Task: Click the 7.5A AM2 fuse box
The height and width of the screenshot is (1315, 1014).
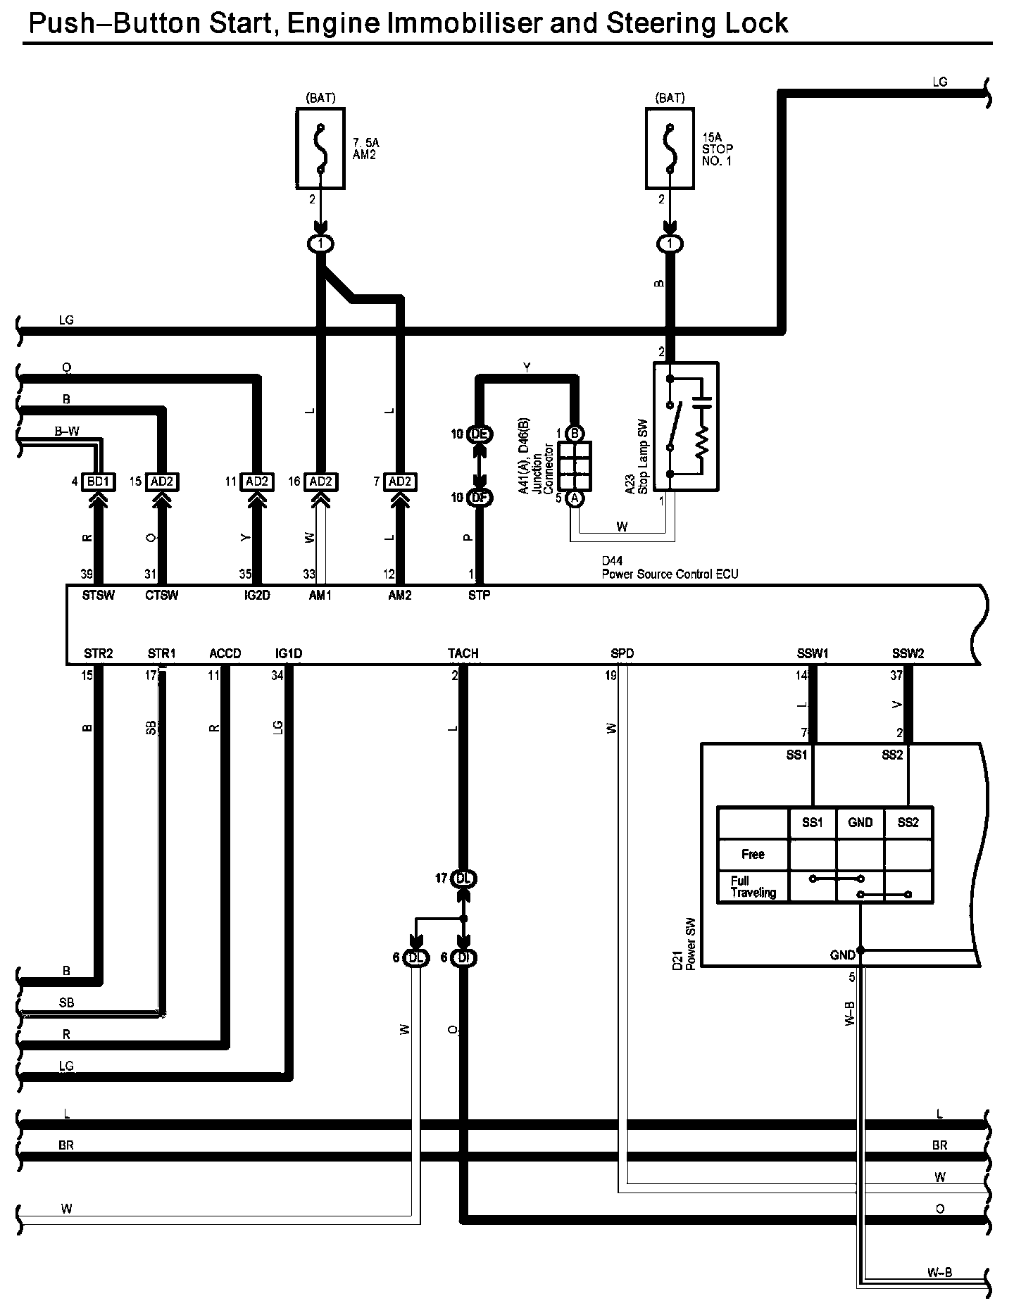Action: click(320, 149)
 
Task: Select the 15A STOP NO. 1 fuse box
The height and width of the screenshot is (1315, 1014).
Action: click(670, 149)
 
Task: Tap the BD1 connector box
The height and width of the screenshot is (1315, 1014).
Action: click(99, 482)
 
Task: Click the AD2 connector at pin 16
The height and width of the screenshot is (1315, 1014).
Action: click(321, 482)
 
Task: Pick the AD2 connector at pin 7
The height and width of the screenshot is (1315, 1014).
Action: click(400, 482)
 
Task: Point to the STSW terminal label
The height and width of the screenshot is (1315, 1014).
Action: click(99, 596)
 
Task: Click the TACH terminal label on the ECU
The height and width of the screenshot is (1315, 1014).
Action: click(463, 653)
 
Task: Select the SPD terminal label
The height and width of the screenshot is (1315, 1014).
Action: click(622, 653)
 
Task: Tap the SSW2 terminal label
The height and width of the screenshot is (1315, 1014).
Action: click(908, 653)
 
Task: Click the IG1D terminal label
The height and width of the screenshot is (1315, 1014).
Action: click(289, 653)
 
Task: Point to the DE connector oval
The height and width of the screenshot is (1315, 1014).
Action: click(480, 434)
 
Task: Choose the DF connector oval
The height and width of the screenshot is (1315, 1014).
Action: click(480, 498)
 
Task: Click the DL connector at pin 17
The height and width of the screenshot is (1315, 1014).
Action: click(463, 879)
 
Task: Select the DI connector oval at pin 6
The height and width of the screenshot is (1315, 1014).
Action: click(463, 957)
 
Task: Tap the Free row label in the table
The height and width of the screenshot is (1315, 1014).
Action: click(753, 854)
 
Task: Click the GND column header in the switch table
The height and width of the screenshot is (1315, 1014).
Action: click(860, 822)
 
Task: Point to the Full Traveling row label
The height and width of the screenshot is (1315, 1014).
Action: click(753, 886)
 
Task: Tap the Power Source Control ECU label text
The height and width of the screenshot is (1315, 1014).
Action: click(670, 574)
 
